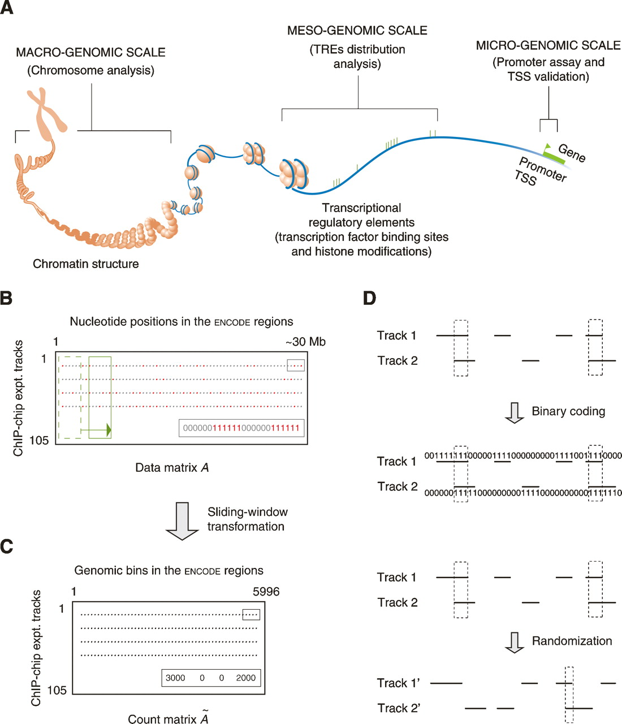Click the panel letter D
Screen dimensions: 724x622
point(369,298)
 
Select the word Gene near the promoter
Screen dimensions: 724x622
point(572,152)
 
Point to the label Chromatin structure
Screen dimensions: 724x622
point(85,264)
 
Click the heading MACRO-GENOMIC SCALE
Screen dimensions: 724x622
point(90,53)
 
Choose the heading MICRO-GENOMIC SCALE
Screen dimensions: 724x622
point(548,45)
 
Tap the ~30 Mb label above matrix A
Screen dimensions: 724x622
point(305,342)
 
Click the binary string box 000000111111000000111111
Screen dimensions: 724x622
point(241,428)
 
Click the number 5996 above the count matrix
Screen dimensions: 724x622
point(266,592)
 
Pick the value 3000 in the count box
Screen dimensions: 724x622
point(175,678)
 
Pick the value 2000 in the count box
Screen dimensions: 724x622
point(246,678)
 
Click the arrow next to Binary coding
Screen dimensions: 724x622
point(514,412)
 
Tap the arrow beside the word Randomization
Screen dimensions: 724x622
point(514,642)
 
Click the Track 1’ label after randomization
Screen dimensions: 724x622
point(398,683)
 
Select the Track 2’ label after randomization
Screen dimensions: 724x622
point(398,708)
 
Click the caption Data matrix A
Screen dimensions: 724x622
point(172,468)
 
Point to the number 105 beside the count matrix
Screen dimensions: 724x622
point(57,690)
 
